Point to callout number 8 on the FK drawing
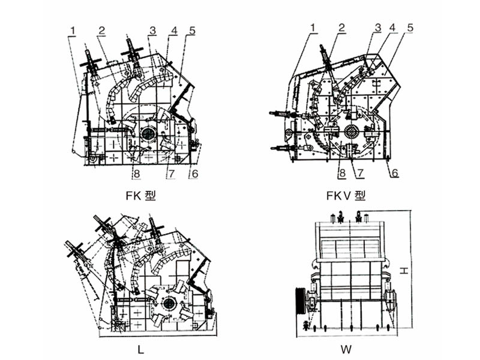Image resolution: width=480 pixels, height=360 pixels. pyautogui.click(x=137, y=174)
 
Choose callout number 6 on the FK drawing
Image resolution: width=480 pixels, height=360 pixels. pyautogui.click(x=194, y=173)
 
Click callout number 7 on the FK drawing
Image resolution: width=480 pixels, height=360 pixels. pyautogui.click(x=170, y=174)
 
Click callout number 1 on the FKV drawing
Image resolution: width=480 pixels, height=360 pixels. pyautogui.click(x=313, y=27)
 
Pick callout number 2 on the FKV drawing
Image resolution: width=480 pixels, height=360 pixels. pyautogui.click(x=341, y=27)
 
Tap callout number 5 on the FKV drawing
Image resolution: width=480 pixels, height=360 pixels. pyautogui.click(x=410, y=27)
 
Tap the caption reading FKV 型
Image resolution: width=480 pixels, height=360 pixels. pyautogui.click(x=346, y=196)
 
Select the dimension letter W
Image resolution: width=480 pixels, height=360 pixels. pyautogui.click(x=346, y=348)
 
